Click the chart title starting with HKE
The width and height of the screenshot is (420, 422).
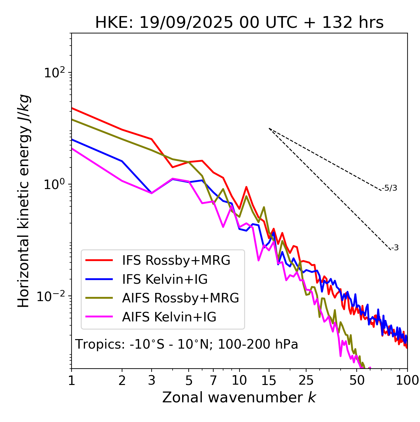[239, 23]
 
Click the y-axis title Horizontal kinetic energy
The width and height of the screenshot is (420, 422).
[24, 201]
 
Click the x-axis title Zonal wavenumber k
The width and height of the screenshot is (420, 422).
[239, 397]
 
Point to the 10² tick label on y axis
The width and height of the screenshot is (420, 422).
[54, 73]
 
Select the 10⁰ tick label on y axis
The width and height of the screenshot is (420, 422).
[54, 184]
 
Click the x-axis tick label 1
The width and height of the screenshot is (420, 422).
[72, 380]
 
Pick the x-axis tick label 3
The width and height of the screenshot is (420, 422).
[152, 380]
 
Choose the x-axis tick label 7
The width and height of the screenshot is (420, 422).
[214, 380]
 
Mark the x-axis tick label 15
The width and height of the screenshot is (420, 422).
[269, 380]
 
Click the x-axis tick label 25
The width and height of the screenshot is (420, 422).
[306, 380]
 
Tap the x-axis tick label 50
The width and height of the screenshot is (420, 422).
[357, 380]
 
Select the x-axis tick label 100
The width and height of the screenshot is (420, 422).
[407, 380]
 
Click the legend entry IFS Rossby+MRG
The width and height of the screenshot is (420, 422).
[176, 260]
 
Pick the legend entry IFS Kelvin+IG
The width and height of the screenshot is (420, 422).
[165, 279]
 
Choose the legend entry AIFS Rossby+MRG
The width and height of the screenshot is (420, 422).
[180, 298]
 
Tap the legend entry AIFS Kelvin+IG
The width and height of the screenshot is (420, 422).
[169, 317]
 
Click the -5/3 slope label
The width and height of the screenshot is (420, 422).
[389, 188]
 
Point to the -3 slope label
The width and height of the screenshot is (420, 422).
[395, 248]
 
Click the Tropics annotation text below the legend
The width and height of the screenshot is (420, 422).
[187, 344]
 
